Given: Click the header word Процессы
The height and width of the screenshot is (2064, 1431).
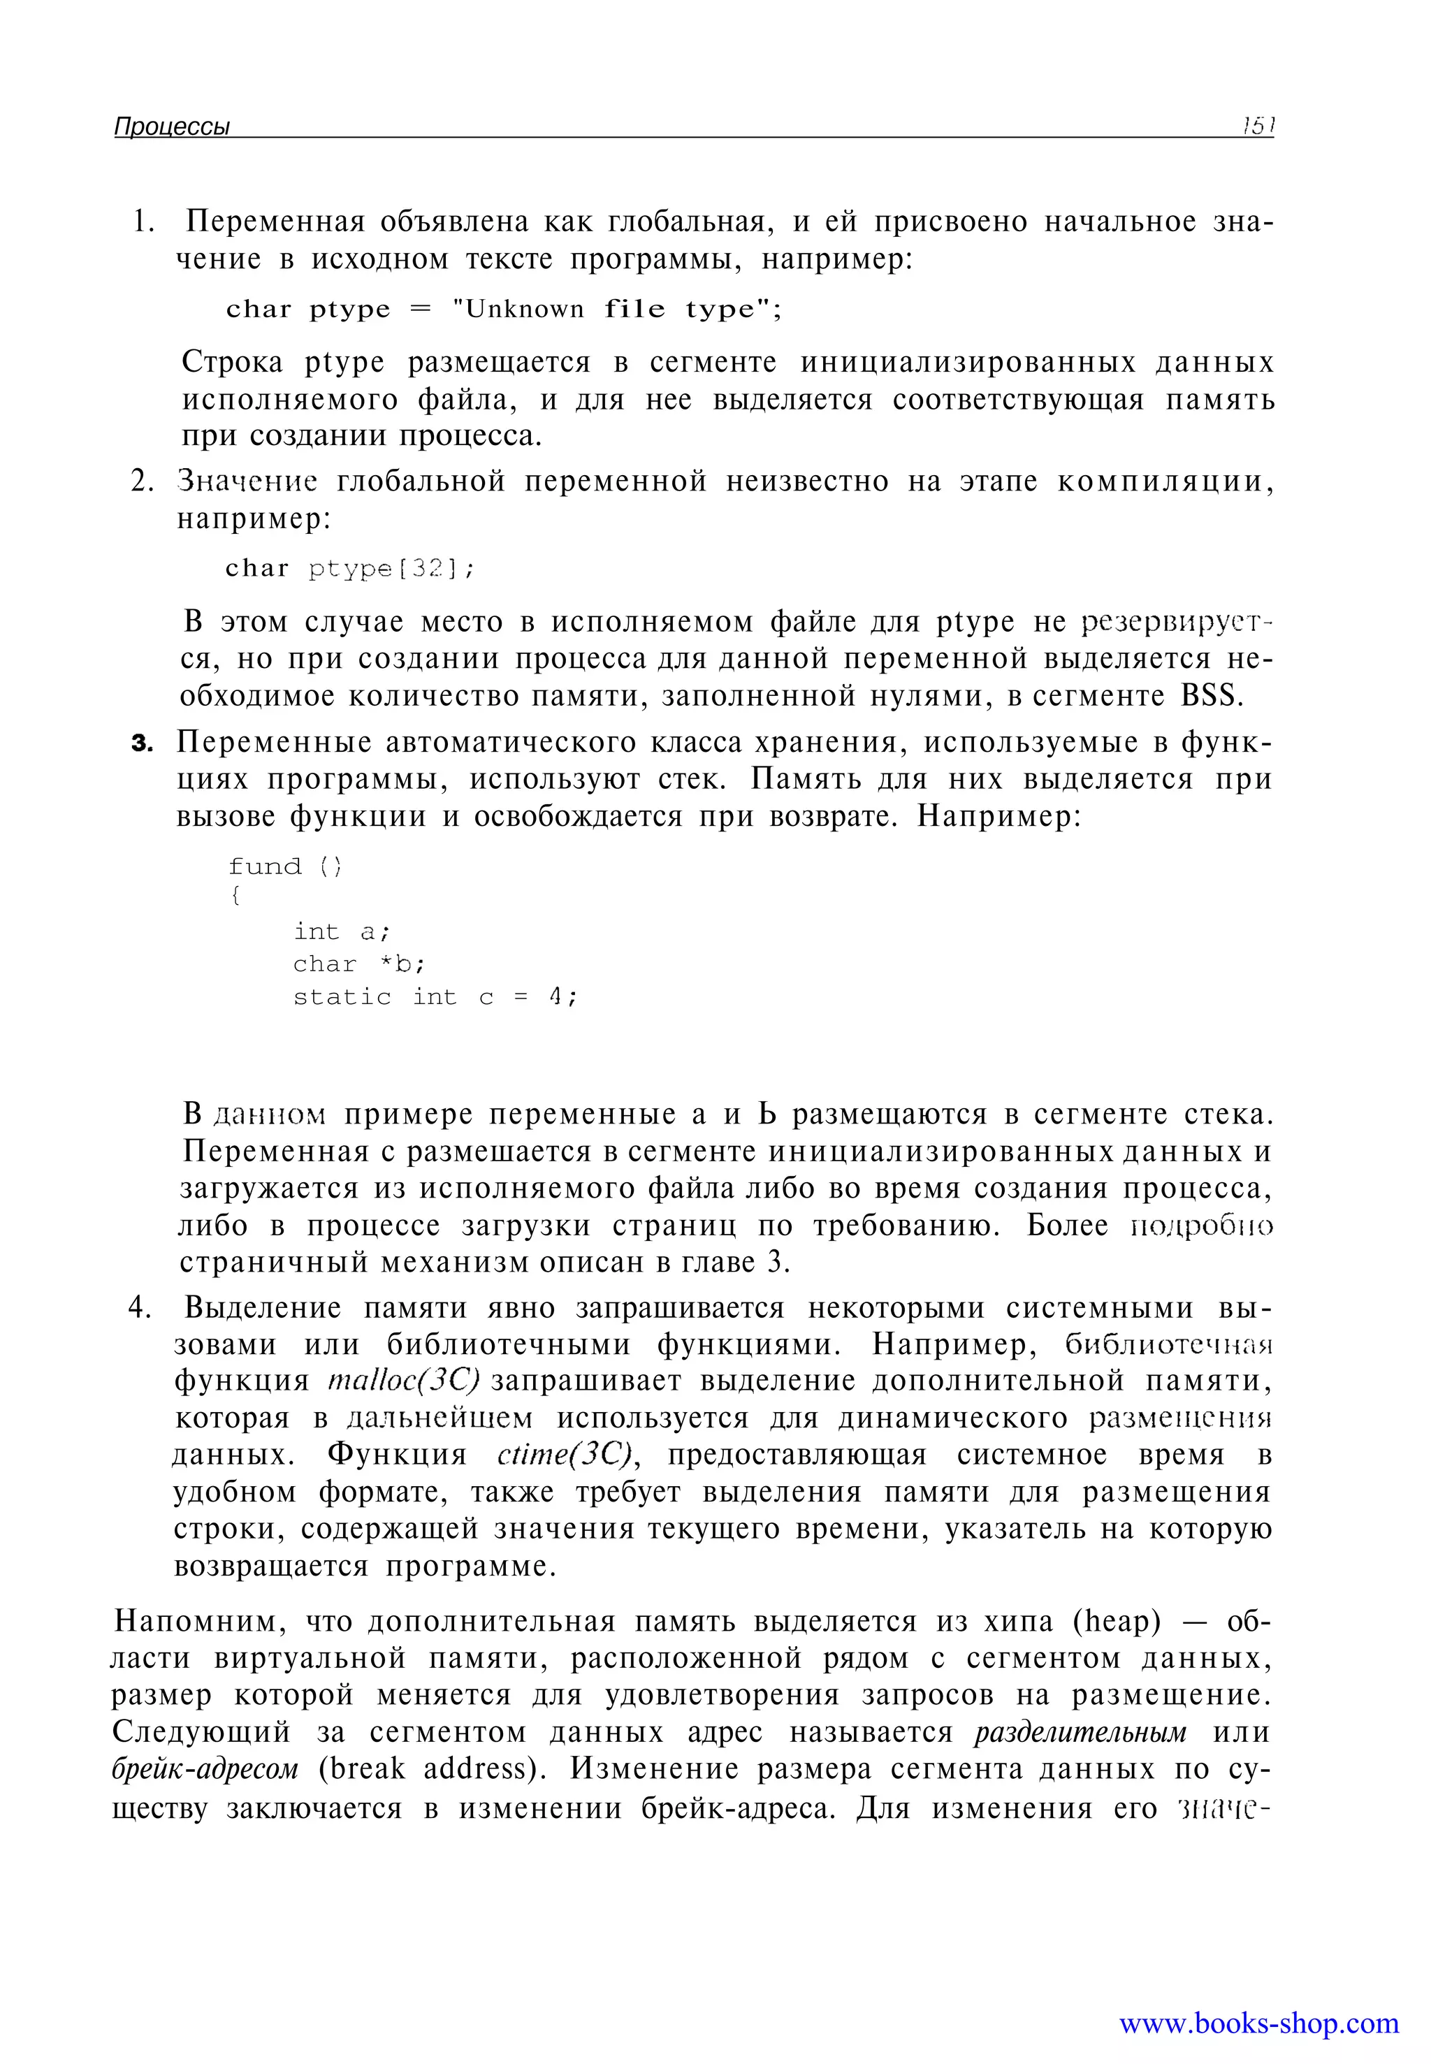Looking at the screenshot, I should pos(172,126).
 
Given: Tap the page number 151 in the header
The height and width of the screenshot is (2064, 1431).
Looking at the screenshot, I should pos(1257,126).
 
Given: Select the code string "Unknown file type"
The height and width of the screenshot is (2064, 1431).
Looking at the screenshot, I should pos(614,310).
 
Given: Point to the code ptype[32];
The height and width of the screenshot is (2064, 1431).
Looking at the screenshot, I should pos(391,569).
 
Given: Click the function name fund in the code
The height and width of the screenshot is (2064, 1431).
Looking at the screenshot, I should pos(265,866).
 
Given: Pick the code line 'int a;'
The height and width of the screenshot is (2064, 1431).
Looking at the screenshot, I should pos(342,933).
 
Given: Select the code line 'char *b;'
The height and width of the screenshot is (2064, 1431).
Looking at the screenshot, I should pos(358,965).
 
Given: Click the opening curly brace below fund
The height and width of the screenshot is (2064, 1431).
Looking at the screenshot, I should pos(235,896).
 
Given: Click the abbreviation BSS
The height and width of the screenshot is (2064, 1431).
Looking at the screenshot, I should pos(1212,696).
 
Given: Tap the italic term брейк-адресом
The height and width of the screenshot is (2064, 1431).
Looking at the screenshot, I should pos(205,1769).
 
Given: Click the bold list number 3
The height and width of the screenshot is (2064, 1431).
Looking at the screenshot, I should pos(143,743).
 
